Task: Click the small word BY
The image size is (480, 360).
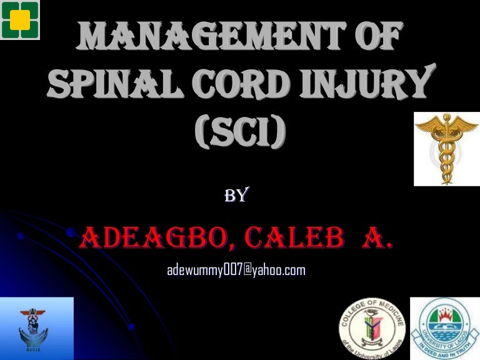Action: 237,196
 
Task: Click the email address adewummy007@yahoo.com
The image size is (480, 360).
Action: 236,270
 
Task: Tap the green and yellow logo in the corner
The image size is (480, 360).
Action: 20,20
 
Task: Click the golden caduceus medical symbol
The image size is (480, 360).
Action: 446,148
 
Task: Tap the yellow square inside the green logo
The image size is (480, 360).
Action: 20,20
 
